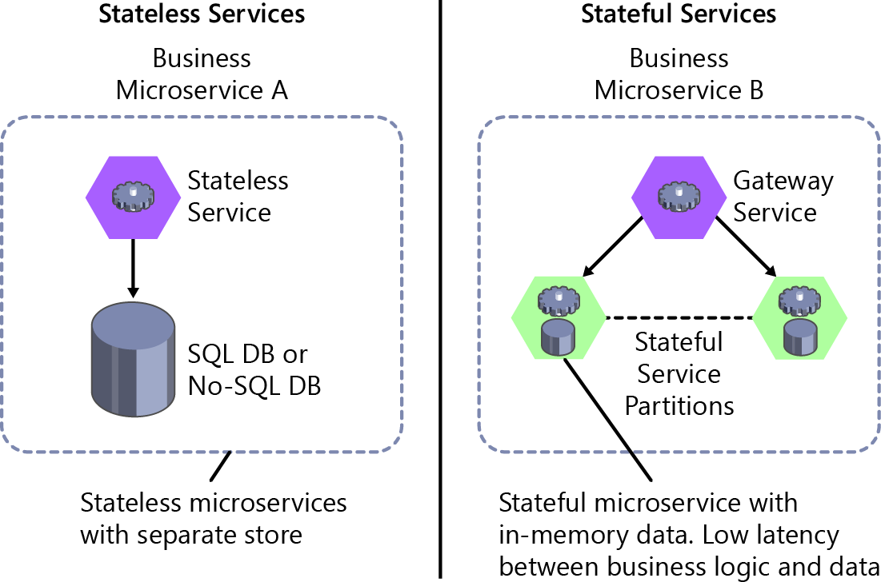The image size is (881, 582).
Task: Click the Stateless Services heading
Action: click(x=202, y=14)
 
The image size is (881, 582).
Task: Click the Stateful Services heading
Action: click(x=679, y=14)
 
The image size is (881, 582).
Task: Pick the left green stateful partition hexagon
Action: click(x=558, y=318)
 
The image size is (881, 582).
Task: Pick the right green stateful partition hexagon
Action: click(x=799, y=318)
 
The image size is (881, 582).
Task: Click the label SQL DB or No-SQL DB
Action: click(x=254, y=370)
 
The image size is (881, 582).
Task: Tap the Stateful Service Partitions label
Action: click(x=679, y=373)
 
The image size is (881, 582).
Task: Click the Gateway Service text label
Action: click(x=783, y=197)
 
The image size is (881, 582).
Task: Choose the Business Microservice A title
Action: click(x=202, y=74)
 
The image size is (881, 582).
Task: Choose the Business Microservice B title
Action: click(x=679, y=74)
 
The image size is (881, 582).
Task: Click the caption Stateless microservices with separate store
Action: click(x=213, y=518)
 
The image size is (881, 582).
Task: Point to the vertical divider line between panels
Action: click(x=441, y=288)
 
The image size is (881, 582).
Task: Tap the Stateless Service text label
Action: click(x=238, y=197)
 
